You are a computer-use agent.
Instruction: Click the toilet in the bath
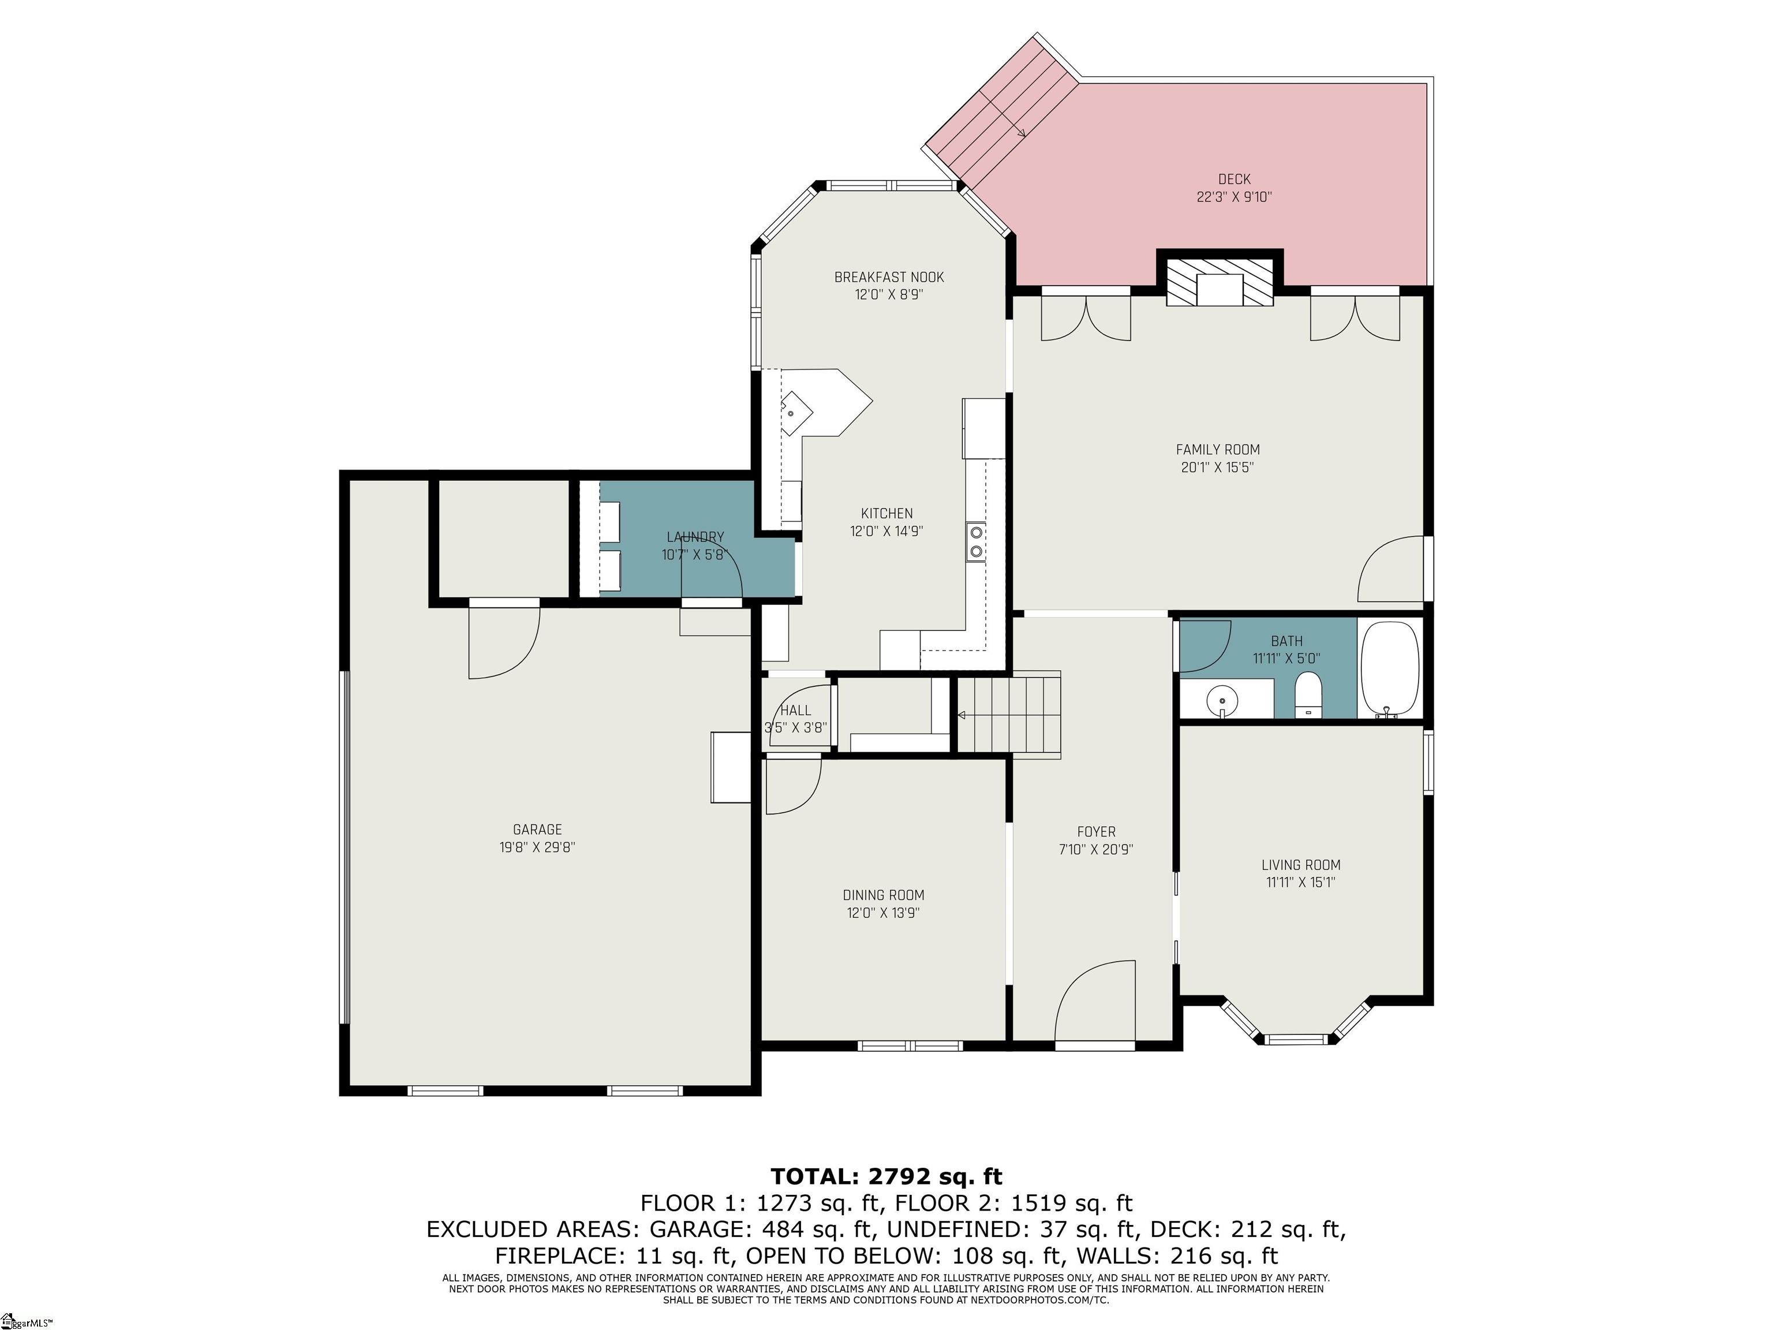pos(1308,695)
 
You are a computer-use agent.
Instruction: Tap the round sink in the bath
pos(1222,703)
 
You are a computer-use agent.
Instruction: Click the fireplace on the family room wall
pos(1219,281)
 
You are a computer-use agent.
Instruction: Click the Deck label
pos(1235,180)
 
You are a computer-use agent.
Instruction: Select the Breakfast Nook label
pos(889,278)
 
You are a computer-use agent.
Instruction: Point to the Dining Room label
pos(883,895)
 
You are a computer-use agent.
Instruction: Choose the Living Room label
pos(1301,865)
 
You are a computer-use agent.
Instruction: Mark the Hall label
pos(795,710)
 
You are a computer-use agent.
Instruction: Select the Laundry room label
pos(695,537)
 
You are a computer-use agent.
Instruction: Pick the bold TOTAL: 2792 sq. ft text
pos(886,1176)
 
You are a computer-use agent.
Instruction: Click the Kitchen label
pos(886,514)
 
